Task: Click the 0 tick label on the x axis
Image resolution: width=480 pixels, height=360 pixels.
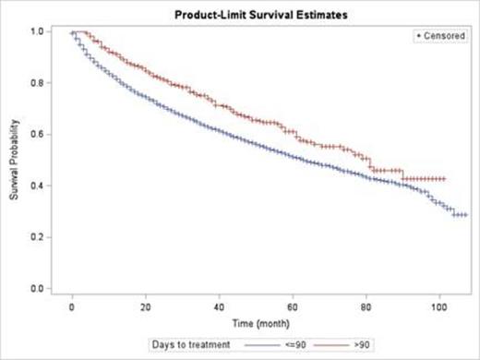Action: (73, 304)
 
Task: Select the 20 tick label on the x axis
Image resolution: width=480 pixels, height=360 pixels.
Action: (146, 304)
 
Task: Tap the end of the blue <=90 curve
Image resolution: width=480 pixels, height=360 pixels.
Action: (465, 214)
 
